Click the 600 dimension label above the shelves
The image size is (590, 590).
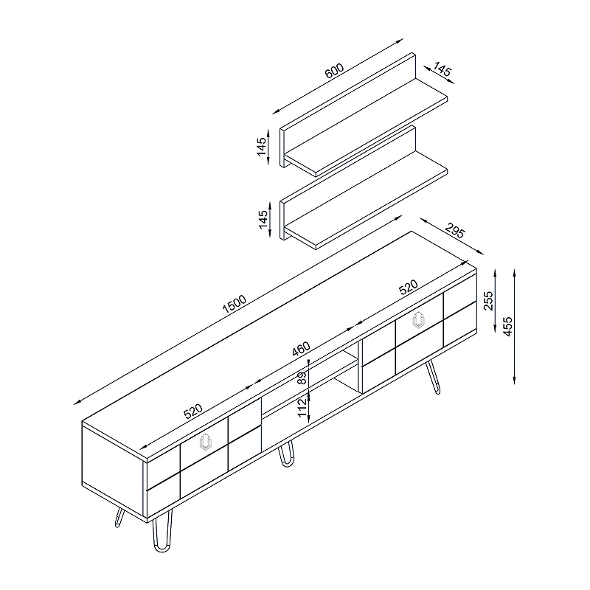[x=334, y=70]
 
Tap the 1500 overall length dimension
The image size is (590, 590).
[x=234, y=304]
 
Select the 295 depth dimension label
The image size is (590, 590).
[x=455, y=230]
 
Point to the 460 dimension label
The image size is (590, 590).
[x=301, y=349]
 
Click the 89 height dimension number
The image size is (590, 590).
[x=302, y=378]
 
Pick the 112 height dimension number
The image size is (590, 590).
[x=302, y=408]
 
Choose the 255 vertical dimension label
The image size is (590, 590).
[x=488, y=300]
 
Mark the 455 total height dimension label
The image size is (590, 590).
[x=507, y=326]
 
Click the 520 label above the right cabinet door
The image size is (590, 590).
[x=409, y=287]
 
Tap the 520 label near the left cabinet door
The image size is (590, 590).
[x=193, y=412]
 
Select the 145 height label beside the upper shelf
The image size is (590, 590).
[x=262, y=146]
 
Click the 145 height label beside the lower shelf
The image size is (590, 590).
[x=263, y=219]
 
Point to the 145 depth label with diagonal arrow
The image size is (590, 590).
[x=442, y=69]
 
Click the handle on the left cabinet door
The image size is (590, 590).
[x=206, y=442]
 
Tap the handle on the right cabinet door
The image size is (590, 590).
[x=418, y=320]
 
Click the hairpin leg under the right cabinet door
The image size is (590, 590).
[x=433, y=377]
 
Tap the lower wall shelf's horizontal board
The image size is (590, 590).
[x=366, y=199]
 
